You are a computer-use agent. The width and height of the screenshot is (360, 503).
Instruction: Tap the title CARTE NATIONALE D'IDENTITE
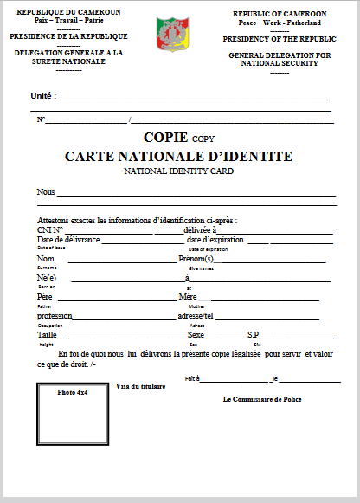179,157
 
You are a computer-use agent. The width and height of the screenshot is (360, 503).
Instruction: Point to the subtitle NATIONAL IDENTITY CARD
179,171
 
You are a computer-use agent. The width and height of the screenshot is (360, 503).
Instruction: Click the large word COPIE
166,137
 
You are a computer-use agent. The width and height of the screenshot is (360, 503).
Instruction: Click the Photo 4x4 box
74,424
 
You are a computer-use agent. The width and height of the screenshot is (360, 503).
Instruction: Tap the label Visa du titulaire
140,386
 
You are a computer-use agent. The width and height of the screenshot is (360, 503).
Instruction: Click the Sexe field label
196,334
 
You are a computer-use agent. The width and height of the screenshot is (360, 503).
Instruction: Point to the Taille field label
47,334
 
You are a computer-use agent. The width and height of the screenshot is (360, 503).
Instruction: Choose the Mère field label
187,297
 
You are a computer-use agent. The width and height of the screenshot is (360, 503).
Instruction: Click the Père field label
45,297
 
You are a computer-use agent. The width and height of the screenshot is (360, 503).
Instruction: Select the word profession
55,316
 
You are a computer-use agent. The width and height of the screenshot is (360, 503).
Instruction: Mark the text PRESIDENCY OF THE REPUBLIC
280,40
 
